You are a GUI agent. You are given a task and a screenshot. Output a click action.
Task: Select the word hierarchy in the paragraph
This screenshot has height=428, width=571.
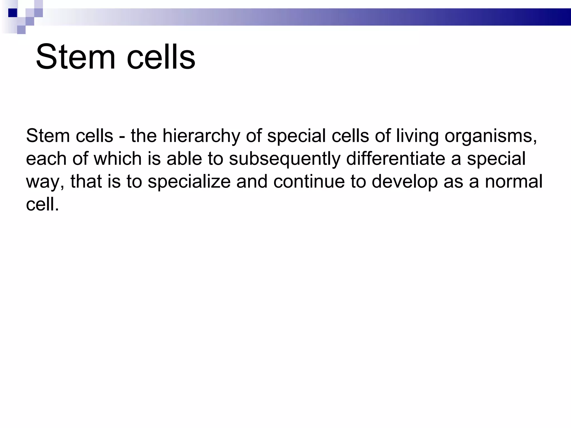pyautogui.click(x=201, y=136)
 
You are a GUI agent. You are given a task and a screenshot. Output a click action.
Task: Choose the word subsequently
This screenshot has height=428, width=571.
pyautogui.click(x=285, y=159)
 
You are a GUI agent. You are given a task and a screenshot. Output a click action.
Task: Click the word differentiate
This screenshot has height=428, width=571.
pyautogui.click(x=396, y=159)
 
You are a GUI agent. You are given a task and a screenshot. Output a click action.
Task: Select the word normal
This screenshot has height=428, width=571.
pyautogui.click(x=514, y=182)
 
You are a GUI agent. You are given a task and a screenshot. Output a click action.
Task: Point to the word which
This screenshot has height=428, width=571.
pyautogui.click(x=117, y=159)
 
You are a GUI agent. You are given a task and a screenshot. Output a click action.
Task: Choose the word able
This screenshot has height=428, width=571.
pyautogui.click(x=184, y=159)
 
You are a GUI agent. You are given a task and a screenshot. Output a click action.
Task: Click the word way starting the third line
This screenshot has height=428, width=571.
pyautogui.click(x=45, y=182)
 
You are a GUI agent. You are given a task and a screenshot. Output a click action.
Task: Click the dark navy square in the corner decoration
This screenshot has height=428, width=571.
pyautogui.click(x=13, y=13)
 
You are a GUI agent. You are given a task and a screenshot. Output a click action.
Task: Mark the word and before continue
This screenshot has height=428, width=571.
pyautogui.click(x=252, y=182)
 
